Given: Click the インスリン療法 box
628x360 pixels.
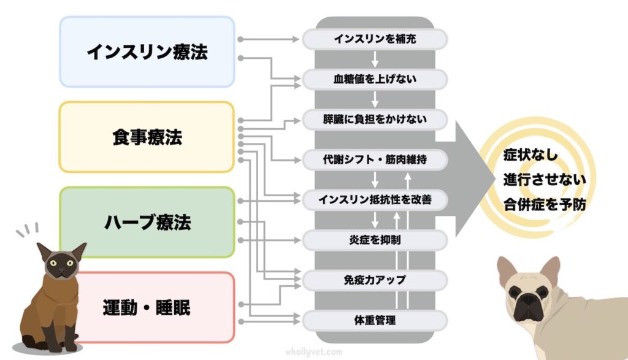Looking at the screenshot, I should [147, 52].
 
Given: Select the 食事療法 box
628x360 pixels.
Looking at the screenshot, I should [147, 137].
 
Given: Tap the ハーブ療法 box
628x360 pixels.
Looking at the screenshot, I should [147, 222].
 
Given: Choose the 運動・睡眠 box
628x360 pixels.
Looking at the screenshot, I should [147, 307].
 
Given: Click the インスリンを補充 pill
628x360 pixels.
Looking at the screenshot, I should [375, 39].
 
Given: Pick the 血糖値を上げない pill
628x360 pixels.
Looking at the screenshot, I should [375, 79].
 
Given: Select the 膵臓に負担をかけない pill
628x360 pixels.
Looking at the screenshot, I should [375, 119].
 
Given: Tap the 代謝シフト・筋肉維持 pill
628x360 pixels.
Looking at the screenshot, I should [375, 159].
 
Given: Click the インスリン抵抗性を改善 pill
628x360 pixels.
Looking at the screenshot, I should [375, 199].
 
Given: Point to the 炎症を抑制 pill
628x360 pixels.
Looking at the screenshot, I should [375, 239].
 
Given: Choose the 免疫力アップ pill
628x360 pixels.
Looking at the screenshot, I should [375, 280].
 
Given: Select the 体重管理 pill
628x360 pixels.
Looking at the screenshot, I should [375, 320].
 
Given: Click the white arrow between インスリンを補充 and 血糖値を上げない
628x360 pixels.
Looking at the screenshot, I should [375, 59].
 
